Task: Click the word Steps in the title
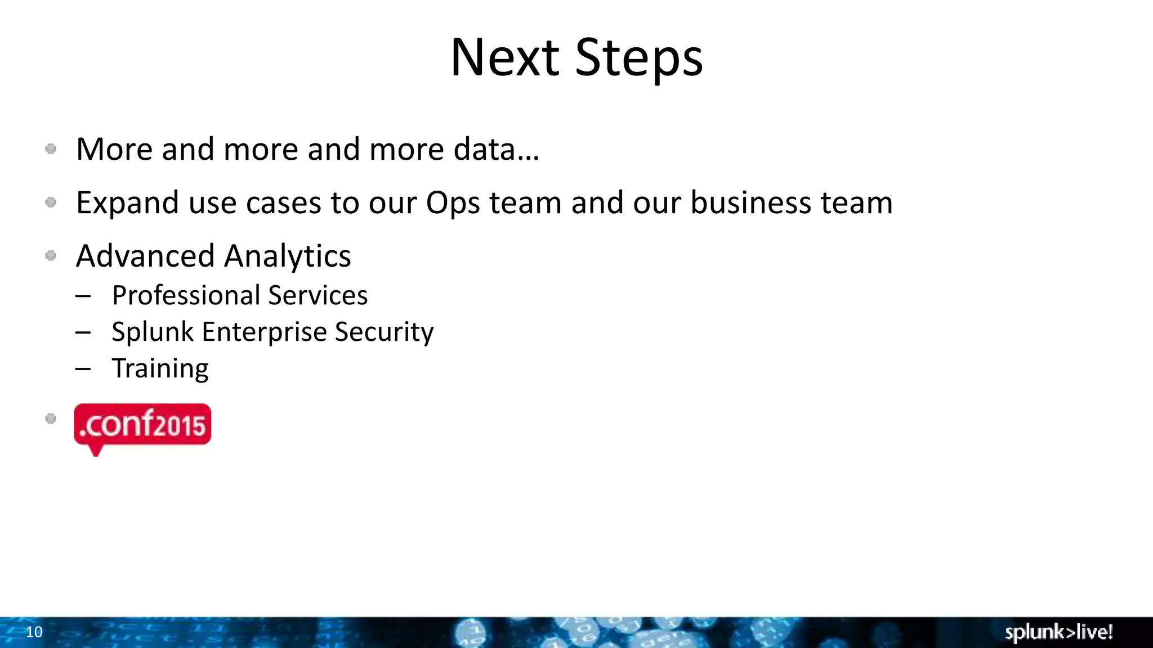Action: [x=639, y=58]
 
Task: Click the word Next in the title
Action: [x=504, y=58]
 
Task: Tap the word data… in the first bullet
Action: [x=497, y=150]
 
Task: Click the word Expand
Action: [x=127, y=203]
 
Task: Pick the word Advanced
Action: [x=145, y=256]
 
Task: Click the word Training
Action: [x=160, y=369]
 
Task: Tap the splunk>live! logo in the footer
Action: [x=1058, y=632]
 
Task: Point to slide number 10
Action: [x=34, y=632]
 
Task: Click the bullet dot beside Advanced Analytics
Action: [x=51, y=256]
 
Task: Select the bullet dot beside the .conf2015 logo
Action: [x=51, y=418]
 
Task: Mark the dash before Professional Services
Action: [x=83, y=296]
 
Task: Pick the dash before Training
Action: [x=83, y=369]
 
